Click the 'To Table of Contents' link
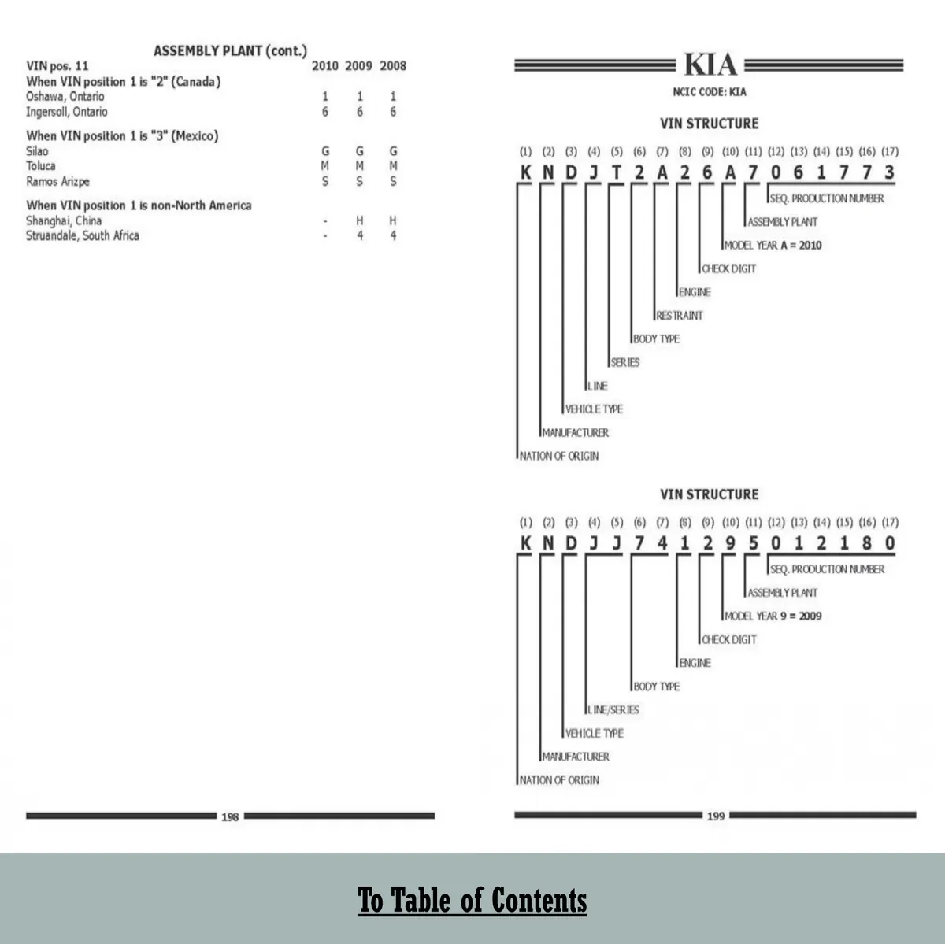tap(472, 901)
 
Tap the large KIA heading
tap(710, 65)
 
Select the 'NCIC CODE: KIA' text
tap(710, 92)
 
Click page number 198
tap(230, 817)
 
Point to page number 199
tap(715, 816)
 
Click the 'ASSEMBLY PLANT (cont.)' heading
tap(230, 51)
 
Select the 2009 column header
tap(358, 66)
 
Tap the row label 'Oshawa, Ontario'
tap(65, 97)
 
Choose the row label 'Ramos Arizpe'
tap(57, 182)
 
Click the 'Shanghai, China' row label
tap(64, 221)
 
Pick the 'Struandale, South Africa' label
tap(83, 236)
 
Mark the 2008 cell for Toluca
tap(393, 166)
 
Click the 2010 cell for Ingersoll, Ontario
tap(325, 113)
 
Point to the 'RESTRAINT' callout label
tap(679, 316)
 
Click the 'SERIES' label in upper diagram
tap(625, 363)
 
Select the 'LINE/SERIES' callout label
tap(613, 710)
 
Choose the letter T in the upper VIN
tap(617, 173)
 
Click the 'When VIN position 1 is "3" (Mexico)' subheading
tap(122, 136)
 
